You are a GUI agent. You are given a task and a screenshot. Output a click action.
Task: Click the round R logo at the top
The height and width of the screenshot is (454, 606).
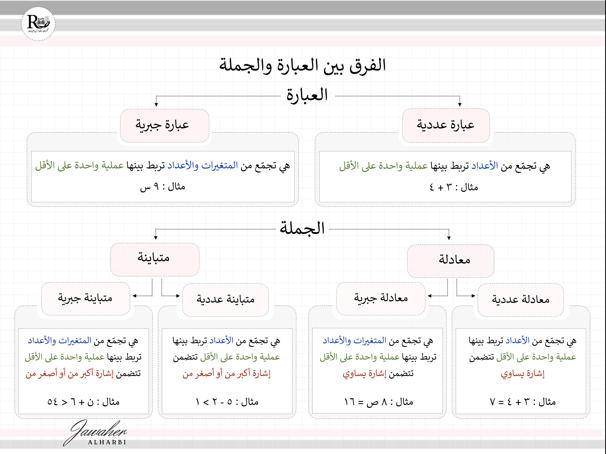(x=38, y=24)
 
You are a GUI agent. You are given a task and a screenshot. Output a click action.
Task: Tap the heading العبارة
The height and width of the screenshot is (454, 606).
(x=307, y=95)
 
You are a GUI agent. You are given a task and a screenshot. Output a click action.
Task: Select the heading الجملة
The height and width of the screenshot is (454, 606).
(x=302, y=228)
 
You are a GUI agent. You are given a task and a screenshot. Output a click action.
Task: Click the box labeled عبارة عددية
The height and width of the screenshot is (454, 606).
(x=446, y=125)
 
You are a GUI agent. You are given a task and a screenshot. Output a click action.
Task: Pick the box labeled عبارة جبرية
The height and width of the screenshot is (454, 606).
(x=164, y=126)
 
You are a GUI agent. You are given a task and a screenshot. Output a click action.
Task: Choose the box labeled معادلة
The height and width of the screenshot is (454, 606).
(x=450, y=261)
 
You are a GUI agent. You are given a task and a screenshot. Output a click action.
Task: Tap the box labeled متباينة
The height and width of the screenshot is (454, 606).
(x=155, y=259)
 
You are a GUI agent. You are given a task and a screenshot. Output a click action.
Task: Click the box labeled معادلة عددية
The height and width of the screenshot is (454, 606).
(x=521, y=300)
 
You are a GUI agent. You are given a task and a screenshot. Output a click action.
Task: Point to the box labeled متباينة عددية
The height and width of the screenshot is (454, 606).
(x=225, y=300)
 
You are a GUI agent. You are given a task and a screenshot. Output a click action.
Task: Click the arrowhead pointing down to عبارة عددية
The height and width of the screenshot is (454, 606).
(x=460, y=105)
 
